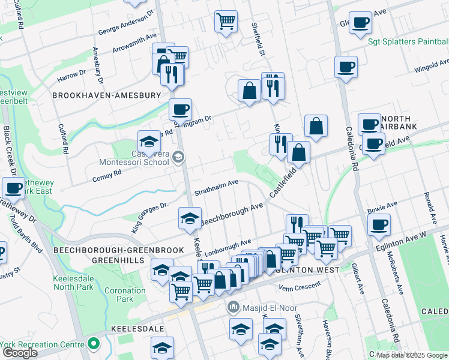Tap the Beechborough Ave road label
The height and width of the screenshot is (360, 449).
pyautogui.click(x=232, y=214)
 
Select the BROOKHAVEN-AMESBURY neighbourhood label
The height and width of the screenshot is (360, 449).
pyautogui.click(x=107, y=95)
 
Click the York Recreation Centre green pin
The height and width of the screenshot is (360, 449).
pyautogui.click(x=93, y=344)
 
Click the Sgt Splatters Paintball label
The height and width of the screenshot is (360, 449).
pyautogui.click(x=408, y=41)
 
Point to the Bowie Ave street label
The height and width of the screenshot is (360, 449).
pyautogui.click(x=381, y=211)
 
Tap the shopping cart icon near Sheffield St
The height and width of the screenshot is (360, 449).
pyautogui.click(x=226, y=22)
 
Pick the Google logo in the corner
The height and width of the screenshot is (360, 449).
pyautogui.click(x=20, y=353)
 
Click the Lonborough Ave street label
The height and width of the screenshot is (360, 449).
pyautogui.click(x=228, y=246)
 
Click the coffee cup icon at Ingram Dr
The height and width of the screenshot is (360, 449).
pyautogui.click(x=180, y=110)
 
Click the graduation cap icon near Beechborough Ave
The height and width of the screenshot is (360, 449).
pyautogui.click(x=190, y=218)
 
